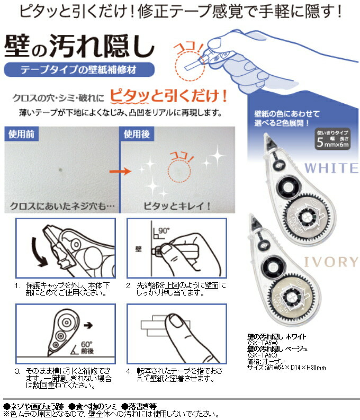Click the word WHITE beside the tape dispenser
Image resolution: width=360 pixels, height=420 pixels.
click(332, 168)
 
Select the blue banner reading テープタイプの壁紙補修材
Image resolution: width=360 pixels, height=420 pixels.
click(79, 69)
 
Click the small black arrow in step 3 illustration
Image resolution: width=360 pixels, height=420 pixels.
click(87, 320)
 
